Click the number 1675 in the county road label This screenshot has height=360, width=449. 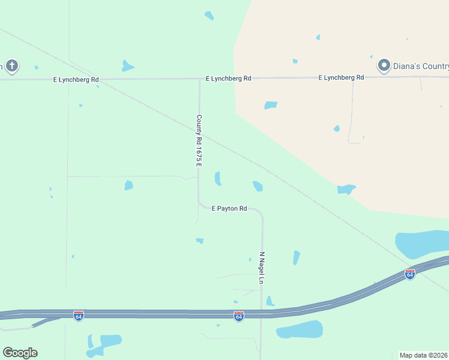[x=199, y=148]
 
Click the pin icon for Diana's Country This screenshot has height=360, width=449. [x=384, y=65]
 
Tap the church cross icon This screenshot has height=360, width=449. [x=11, y=65]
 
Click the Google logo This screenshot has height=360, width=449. [x=20, y=352]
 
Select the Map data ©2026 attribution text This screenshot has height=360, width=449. [x=423, y=355]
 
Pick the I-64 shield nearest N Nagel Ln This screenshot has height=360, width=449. [x=239, y=316]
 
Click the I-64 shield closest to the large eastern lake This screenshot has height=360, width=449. [x=409, y=274]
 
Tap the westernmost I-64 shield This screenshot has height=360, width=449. [x=78, y=315]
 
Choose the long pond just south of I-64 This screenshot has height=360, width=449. [x=300, y=329]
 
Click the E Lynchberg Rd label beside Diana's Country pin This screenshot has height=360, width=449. [x=342, y=77]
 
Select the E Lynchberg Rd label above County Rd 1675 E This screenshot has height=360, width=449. [x=228, y=79]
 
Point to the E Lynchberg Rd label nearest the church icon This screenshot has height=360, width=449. [x=76, y=79]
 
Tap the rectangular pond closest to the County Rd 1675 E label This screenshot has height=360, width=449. [x=218, y=178]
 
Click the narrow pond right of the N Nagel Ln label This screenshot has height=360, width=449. [x=296, y=257]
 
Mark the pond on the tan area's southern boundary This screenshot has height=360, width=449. [x=346, y=190]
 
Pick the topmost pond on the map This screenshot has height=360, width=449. [x=209, y=15]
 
